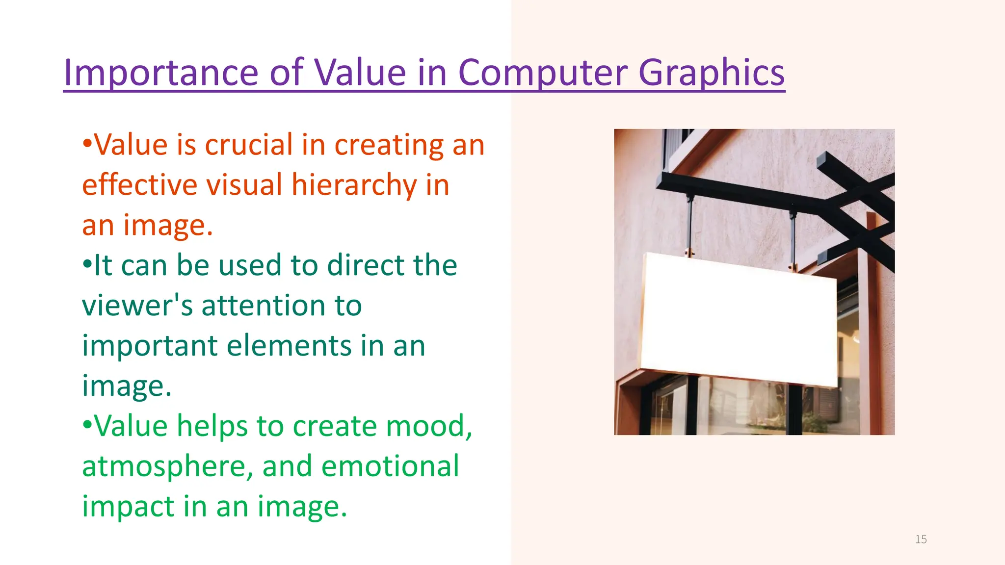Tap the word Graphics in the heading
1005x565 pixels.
711,73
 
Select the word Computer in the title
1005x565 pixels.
542,73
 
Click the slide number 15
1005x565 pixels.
921,539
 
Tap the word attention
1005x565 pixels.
264,306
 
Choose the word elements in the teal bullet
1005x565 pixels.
289,346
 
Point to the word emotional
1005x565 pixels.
390,466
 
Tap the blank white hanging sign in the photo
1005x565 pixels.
739,319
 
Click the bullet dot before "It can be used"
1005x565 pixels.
87,265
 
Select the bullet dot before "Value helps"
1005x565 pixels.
87,425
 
